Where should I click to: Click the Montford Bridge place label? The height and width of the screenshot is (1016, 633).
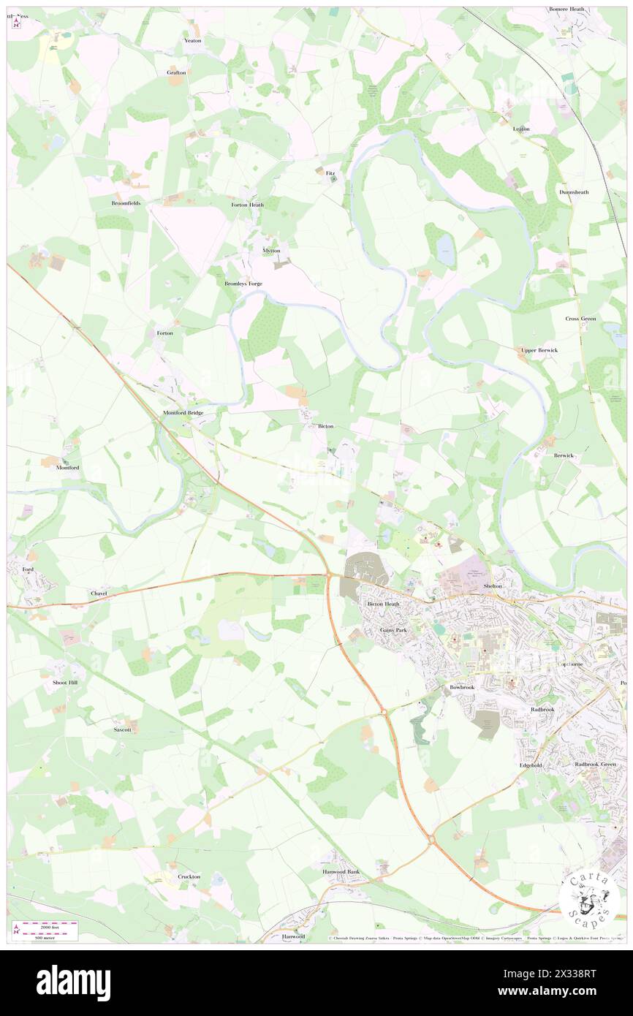pyautogui.click(x=183, y=413)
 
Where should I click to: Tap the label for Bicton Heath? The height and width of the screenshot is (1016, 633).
pyautogui.click(x=383, y=604)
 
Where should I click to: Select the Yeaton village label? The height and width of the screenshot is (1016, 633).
pyautogui.click(x=192, y=41)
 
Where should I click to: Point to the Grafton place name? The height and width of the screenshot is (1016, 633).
pyautogui.click(x=176, y=72)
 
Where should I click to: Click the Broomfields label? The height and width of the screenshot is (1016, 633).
pyautogui.click(x=126, y=202)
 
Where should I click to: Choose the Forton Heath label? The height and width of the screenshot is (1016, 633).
pyautogui.click(x=247, y=205)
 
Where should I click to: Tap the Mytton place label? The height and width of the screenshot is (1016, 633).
pyautogui.click(x=271, y=250)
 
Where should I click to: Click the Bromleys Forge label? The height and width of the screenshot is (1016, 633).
pyautogui.click(x=243, y=283)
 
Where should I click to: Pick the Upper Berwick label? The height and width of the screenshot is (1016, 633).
pyautogui.click(x=539, y=350)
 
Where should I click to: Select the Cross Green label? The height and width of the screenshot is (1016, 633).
pyautogui.click(x=580, y=319)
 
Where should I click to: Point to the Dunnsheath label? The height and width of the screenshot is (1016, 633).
pyautogui.click(x=574, y=192)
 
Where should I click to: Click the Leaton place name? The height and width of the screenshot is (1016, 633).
pyautogui.click(x=521, y=129)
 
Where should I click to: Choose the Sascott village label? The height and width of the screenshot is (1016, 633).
pyautogui.click(x=122, y=729)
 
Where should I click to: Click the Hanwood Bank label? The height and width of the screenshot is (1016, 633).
pyautogui.click(x=341, y=872)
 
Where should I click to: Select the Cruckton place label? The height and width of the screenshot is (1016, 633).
pyautogui.click(x=189, y=876)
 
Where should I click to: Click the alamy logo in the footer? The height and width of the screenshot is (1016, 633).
pyautogui.click(x=73, y=982)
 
